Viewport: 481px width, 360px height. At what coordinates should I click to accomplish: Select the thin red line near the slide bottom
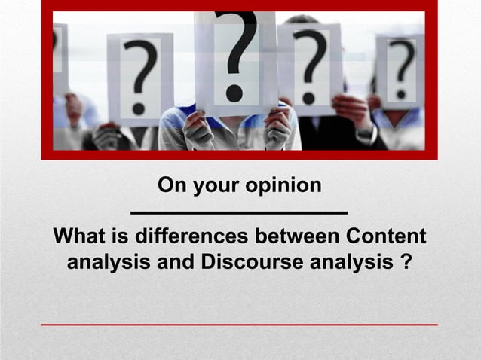239,325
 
